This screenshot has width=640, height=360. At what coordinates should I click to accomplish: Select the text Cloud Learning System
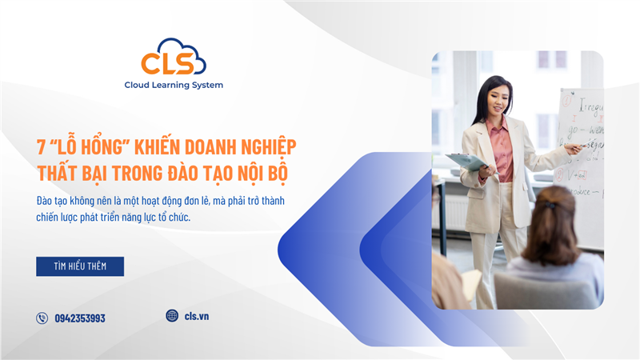click(x=174, y=85)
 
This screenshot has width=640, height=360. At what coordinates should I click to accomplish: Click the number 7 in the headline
click(x=41, y=147)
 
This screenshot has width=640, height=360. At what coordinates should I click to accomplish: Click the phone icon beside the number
click(x=42, y=318)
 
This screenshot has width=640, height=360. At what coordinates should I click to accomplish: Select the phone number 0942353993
click(x=80, y=318)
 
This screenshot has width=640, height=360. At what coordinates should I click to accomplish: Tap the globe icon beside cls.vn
click(x=172, y=316)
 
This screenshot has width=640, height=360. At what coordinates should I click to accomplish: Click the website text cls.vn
click(x=197, y=316)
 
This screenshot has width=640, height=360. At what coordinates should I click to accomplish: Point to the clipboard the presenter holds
click(x=466, y=161)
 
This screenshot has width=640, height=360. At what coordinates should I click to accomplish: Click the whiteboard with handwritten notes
click(x=582, y=144)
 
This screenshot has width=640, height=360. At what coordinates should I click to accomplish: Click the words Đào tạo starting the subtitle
click(x=54, y=199)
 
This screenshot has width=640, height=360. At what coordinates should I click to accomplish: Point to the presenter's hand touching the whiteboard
click(x=573, y=147)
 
